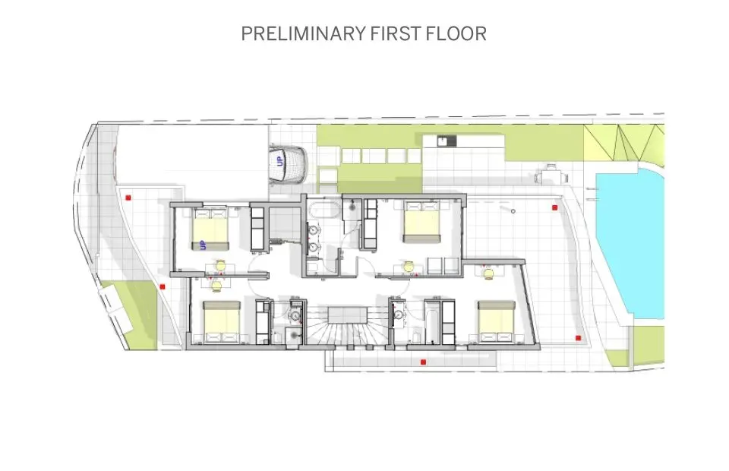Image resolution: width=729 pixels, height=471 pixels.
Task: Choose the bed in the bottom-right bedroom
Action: click(x=497, y=320)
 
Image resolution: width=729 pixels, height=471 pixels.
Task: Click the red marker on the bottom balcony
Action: click(x=422, y=362)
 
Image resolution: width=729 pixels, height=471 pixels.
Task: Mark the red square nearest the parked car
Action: click(x=129, y=198)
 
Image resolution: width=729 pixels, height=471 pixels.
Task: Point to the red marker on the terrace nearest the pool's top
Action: click(x=555, y=206)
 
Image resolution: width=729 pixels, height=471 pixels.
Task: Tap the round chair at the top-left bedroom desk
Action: click(x=220, y=265)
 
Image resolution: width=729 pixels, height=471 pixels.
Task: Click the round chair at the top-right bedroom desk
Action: click(x=409, y=266)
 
